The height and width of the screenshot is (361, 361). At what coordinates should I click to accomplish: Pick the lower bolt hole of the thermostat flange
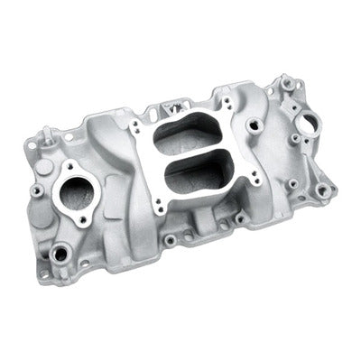82,219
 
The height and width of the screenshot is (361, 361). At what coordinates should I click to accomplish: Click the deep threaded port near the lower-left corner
60,255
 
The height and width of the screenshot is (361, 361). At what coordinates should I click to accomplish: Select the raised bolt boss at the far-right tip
325,189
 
